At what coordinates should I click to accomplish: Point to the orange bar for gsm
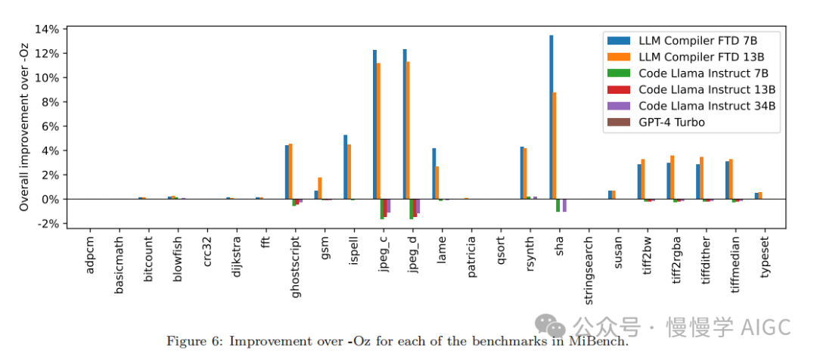(x=319, y=188)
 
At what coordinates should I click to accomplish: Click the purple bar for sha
(x=564, y=205)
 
